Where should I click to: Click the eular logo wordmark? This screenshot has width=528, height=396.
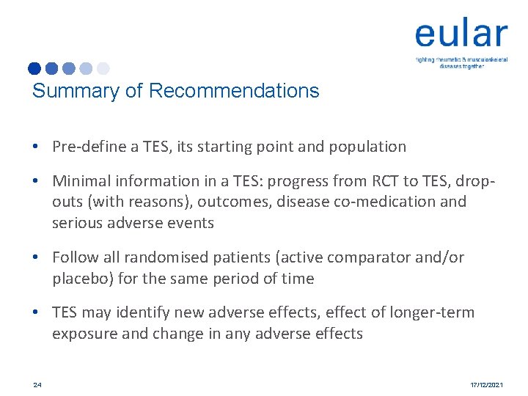(461, 34)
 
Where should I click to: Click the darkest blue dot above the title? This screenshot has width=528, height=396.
(34, 69)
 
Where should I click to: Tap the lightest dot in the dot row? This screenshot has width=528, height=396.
(103, 69)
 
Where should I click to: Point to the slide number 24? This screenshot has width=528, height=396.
(37, 384)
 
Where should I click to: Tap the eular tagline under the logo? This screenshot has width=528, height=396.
(461, 62)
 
